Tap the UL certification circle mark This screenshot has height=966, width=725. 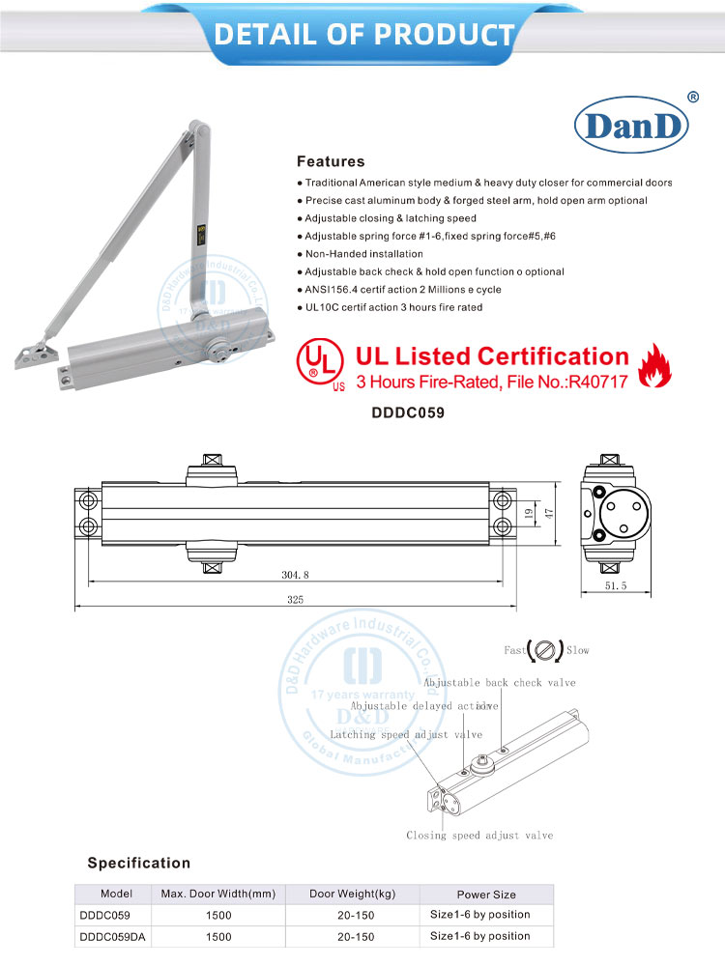coord(315,362)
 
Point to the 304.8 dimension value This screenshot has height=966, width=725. coord(296,574)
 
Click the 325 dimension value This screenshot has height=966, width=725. coord(295,600)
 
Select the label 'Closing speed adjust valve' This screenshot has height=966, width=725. coord(479,835)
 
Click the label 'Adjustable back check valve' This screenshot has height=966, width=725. coord(500,683)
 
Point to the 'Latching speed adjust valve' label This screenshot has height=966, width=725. coord(406,735)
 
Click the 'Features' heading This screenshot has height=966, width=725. coord(331,161)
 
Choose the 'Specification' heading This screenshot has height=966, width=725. coord(139,863)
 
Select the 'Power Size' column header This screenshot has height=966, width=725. coord(485,895)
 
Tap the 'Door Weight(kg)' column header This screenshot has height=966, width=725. coord(352,895)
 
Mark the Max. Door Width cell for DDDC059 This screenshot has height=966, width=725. coord(217,915)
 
